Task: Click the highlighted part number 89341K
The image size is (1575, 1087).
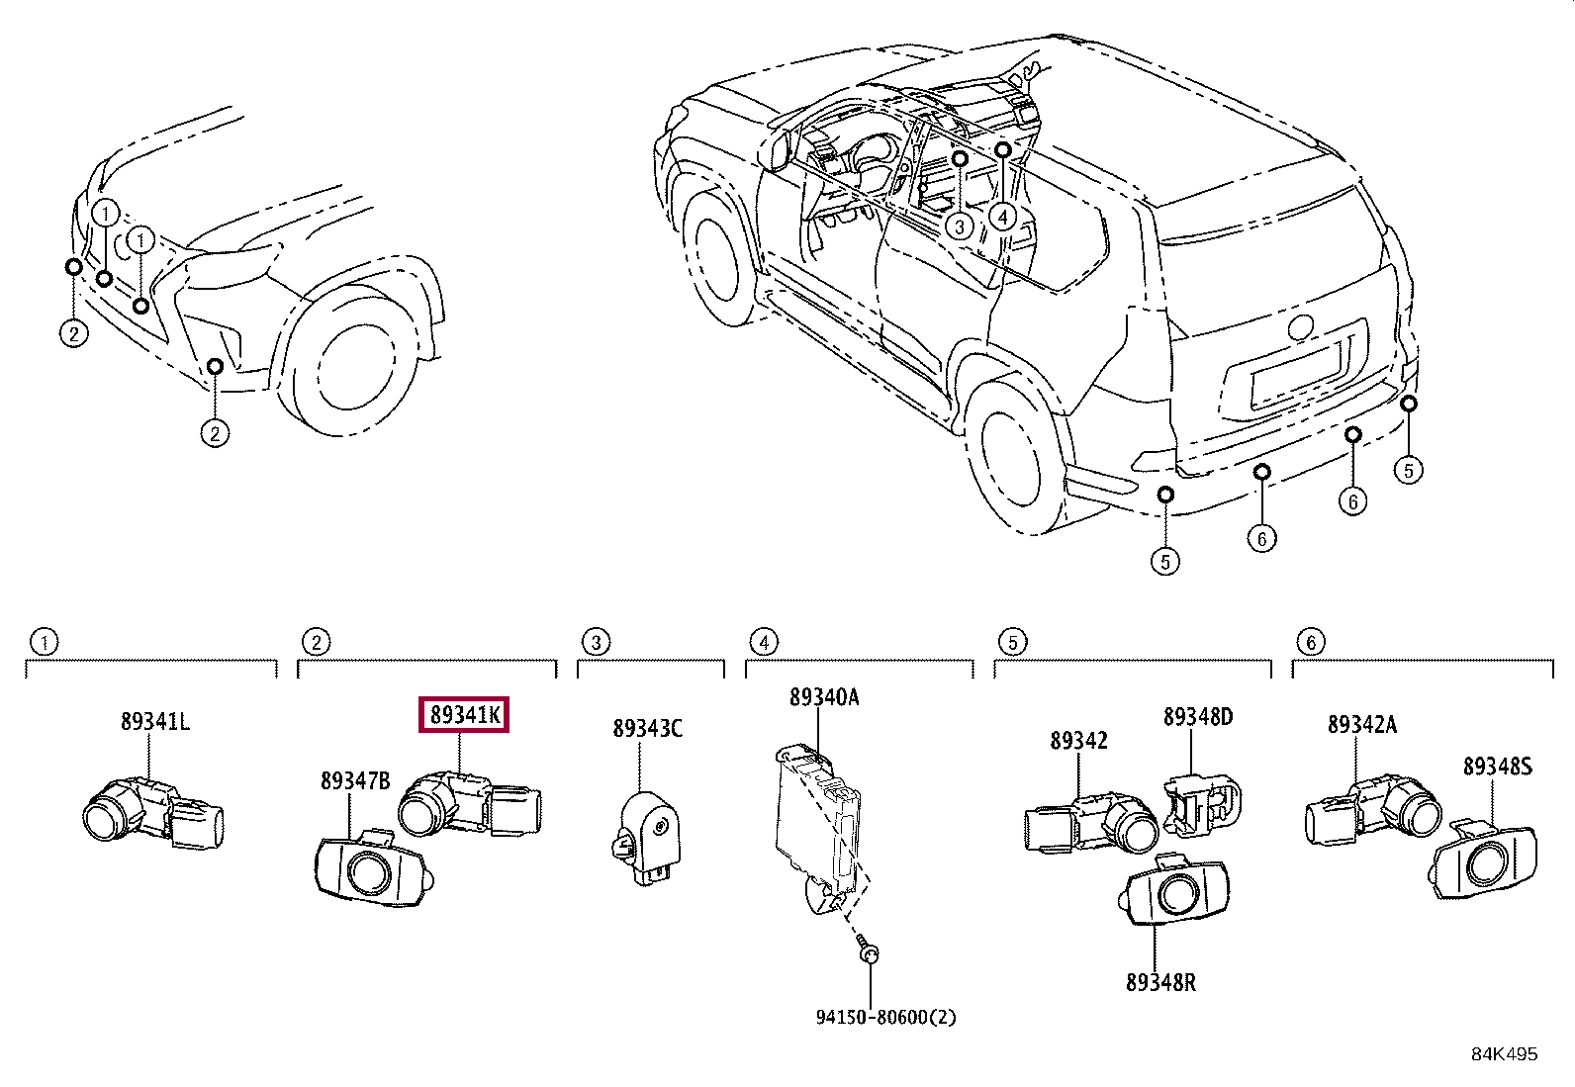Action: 464,714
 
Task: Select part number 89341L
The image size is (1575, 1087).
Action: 155,722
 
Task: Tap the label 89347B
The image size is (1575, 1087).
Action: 355,781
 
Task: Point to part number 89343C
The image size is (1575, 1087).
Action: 647,729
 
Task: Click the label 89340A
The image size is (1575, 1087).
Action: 823,698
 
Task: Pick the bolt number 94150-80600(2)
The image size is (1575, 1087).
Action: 885,1017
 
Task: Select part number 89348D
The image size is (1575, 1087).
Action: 1197,717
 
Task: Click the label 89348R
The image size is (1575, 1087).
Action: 1159,982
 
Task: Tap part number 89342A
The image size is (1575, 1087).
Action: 1361,725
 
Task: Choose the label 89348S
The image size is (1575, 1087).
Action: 1497,767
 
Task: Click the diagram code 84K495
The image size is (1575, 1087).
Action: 1504,1054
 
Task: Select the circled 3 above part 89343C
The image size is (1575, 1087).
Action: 596,643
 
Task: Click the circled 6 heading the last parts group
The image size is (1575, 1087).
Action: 1311,643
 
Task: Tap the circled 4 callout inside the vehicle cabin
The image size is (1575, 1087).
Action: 1002,216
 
